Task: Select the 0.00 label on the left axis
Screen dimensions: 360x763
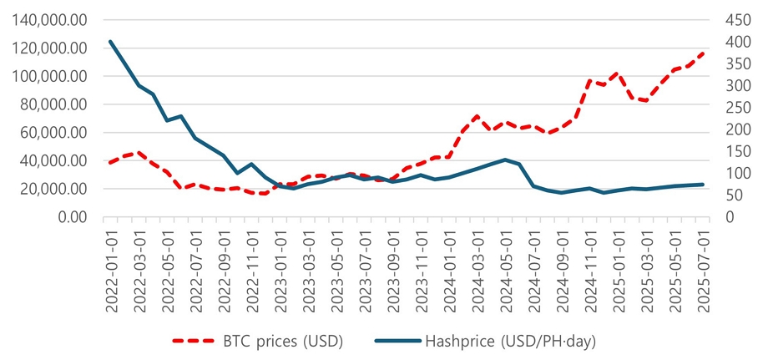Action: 72,217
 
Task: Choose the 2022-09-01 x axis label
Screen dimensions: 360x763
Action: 225,269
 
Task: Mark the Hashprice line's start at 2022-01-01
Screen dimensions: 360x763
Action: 110,41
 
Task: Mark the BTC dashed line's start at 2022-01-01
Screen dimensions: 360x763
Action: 110,162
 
